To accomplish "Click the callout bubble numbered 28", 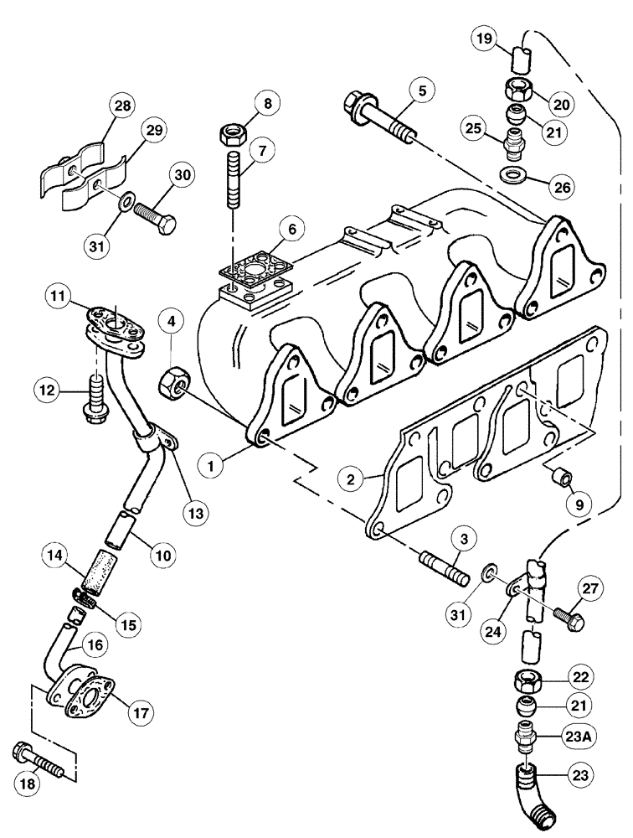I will coord(123,106).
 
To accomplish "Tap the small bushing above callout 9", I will coord(559,477).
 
